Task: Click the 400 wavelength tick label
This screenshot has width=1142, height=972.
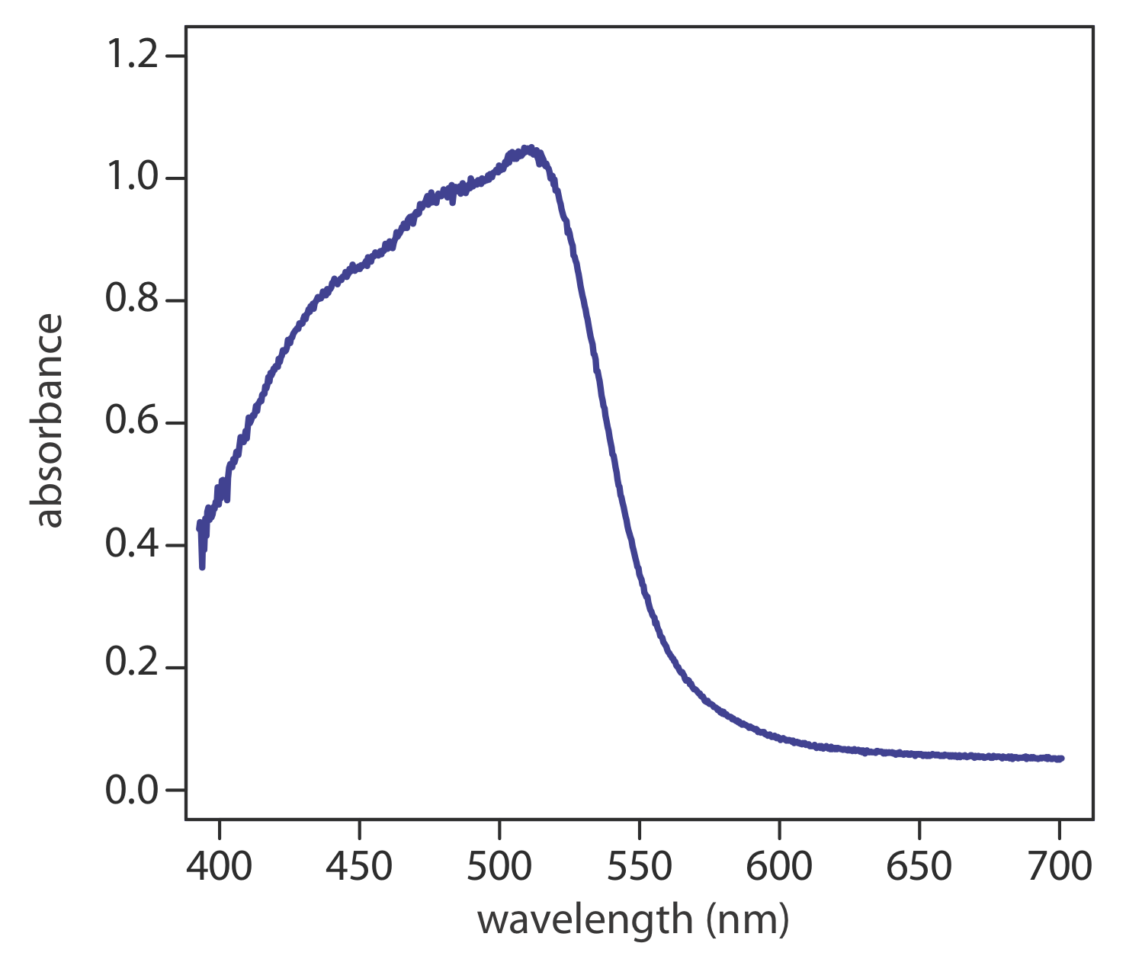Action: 220,867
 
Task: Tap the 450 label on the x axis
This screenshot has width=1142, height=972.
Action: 359,867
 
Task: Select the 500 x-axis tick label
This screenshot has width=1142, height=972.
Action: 499,867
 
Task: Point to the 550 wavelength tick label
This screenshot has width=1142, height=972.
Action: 639,867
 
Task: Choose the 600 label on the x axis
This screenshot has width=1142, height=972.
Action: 779,867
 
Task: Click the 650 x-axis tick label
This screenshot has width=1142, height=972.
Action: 919,867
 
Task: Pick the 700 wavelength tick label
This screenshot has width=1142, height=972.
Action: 1059,867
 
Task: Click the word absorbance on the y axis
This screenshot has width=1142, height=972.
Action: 49,420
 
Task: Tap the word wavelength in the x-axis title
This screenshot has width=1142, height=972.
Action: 584,920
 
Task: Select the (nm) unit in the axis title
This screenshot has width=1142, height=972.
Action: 747,921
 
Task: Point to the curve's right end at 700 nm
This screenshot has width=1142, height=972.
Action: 1060,759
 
